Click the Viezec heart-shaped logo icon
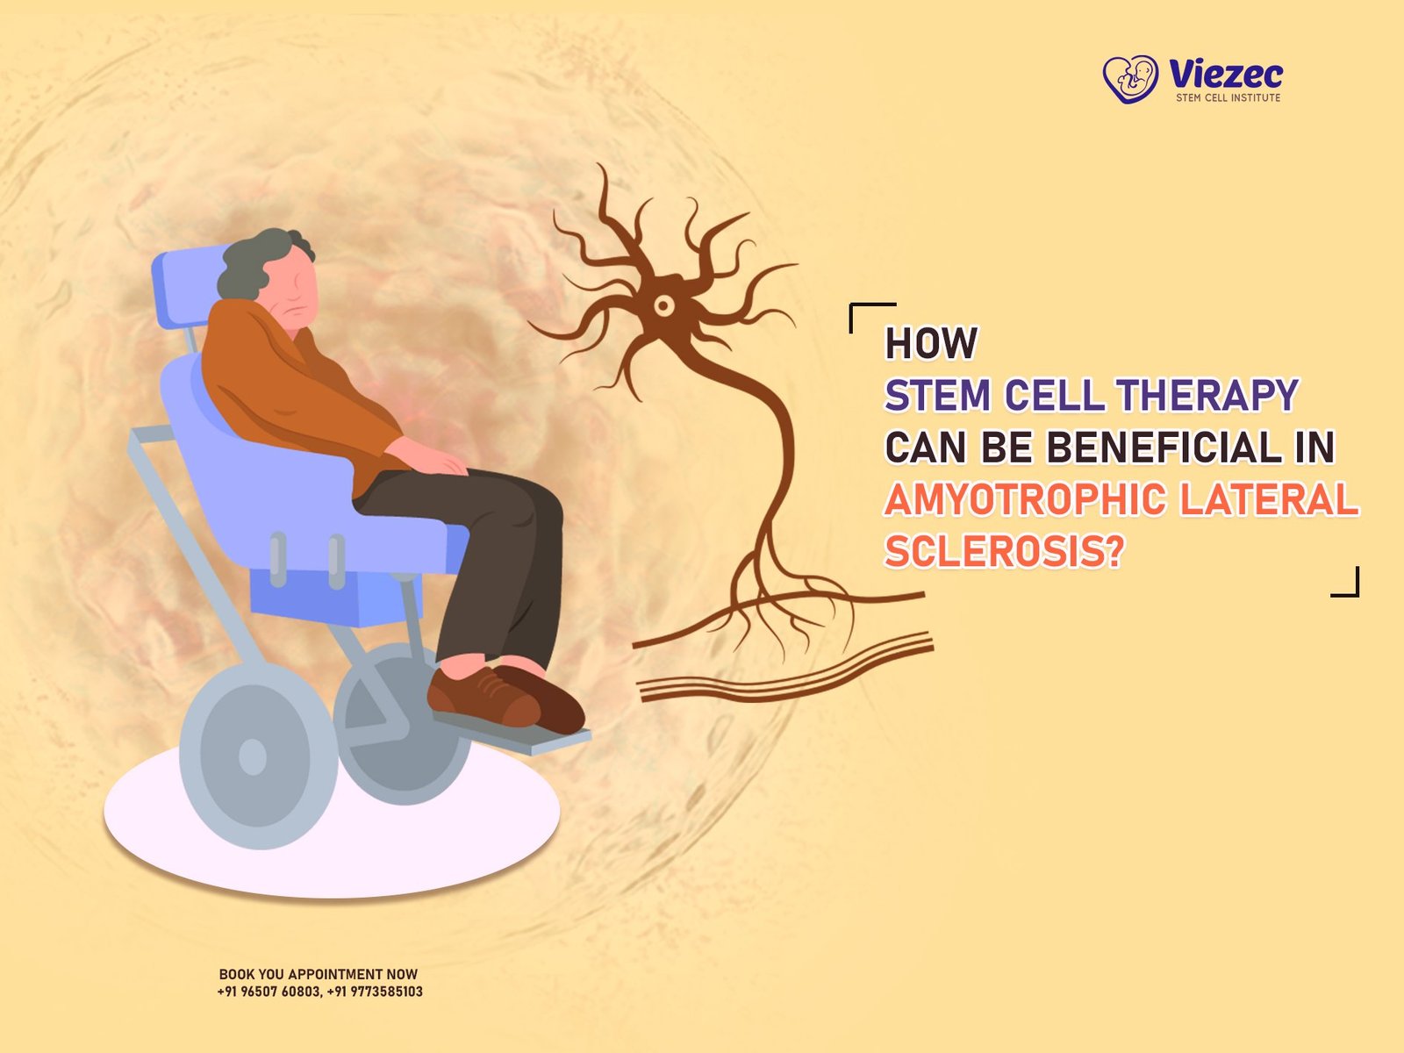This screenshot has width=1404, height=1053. click(x=1130, y=79)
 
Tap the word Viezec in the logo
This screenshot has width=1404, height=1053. click(x=1226, y=73)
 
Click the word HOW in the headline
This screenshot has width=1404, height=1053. click(x=930, y=344)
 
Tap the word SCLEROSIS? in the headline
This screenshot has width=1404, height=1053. click(x=1004, y=552)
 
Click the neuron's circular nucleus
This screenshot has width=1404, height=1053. click(x=664, y=306)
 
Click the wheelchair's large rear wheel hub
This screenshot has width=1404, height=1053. click(x=253, y=756)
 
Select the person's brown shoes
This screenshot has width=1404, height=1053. click(x=505, y=698)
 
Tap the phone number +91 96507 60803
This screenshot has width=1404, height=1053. click(x=269, y=992)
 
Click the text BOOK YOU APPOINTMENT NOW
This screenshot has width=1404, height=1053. click(x=319, y=974)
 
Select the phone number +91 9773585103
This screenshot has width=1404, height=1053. click(x=375, y=992)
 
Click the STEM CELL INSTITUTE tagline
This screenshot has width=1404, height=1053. click(x=1228, y=97)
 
